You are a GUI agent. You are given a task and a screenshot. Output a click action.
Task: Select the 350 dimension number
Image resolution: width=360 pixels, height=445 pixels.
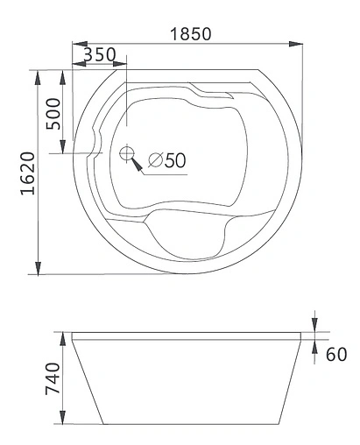[101, 54]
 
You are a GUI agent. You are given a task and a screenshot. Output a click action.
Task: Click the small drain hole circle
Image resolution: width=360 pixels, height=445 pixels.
[126, 154]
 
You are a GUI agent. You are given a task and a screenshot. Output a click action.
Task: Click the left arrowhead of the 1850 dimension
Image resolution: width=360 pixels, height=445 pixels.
[74, 43]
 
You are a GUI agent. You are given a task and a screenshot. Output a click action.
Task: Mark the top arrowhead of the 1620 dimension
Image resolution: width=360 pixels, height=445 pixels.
[38, 75]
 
